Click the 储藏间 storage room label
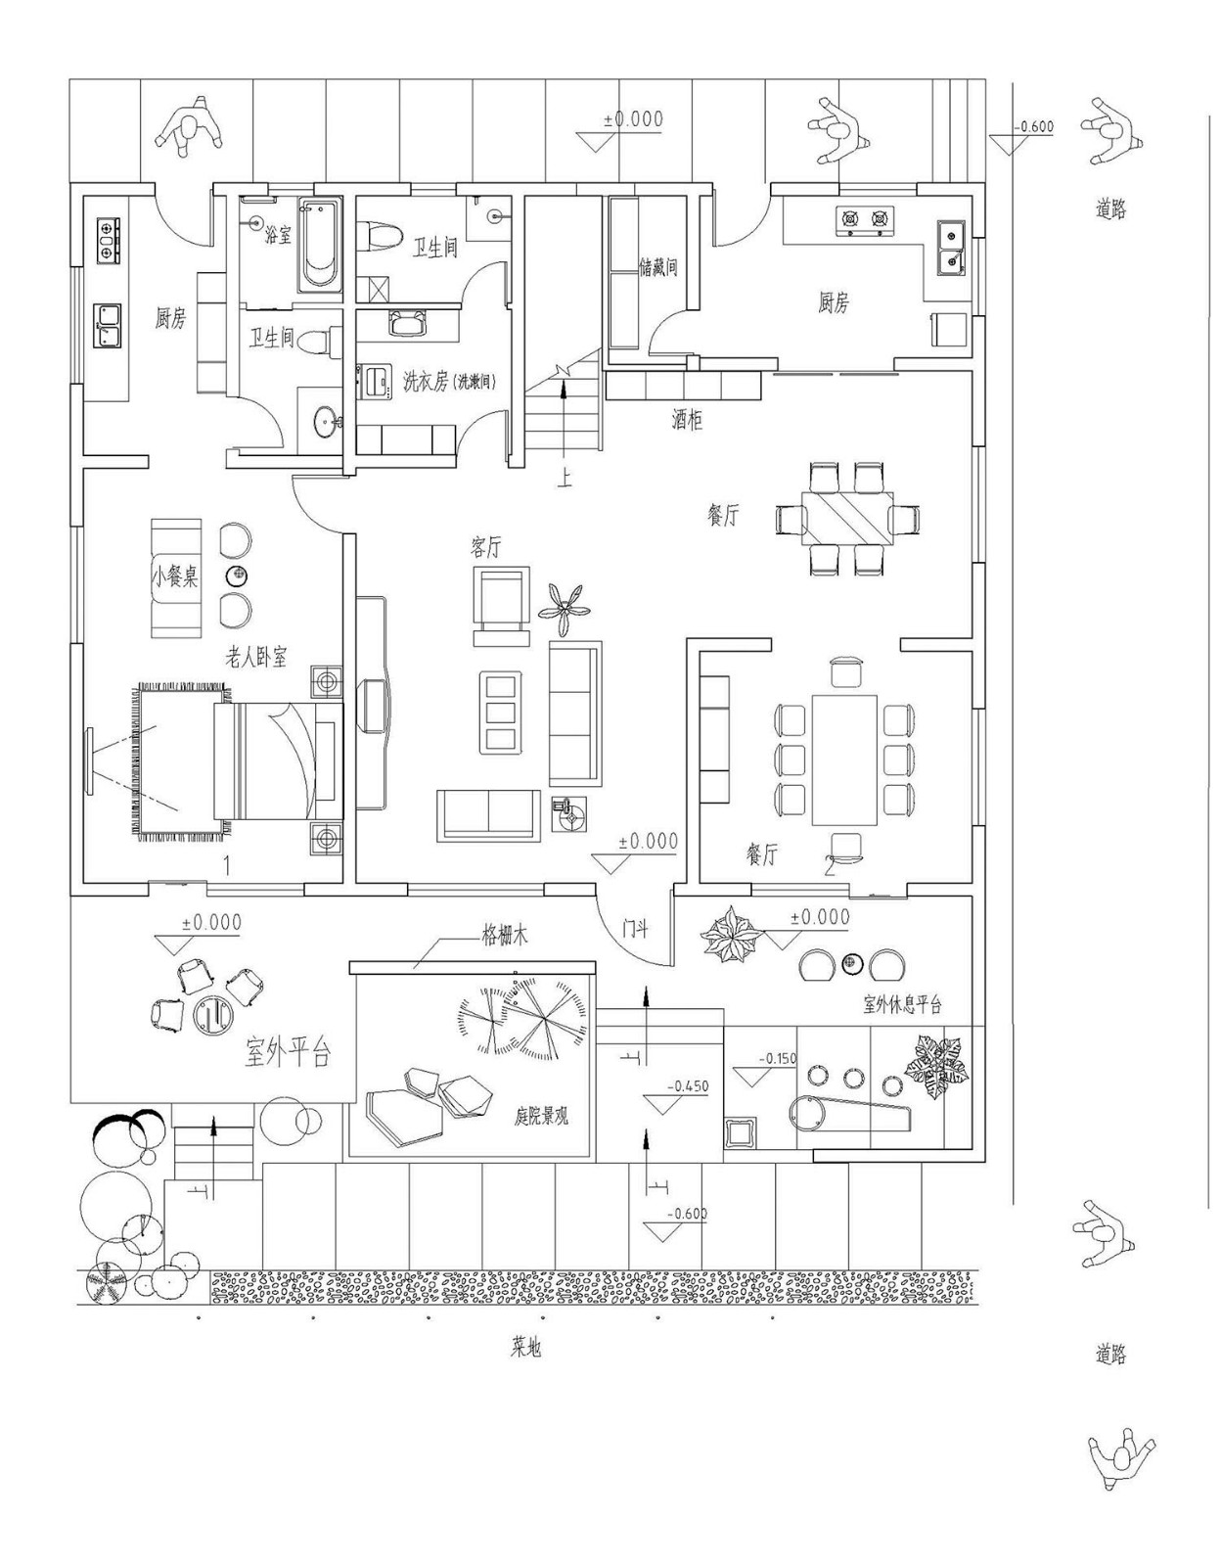click(658, 266)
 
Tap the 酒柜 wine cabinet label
click(687, 421)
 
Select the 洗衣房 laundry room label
click(449, 382)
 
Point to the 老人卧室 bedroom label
click(256, 658)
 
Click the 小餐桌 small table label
click(175, 576)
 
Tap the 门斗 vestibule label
click(635, 928)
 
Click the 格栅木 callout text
click(504, 936)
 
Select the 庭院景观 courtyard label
click(541, 1116)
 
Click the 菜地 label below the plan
click(525, 1348)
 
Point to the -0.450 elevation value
click(688, 1086)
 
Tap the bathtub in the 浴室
click(319, 245)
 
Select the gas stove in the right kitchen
click(865, 221)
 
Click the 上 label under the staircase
click(565, 478)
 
